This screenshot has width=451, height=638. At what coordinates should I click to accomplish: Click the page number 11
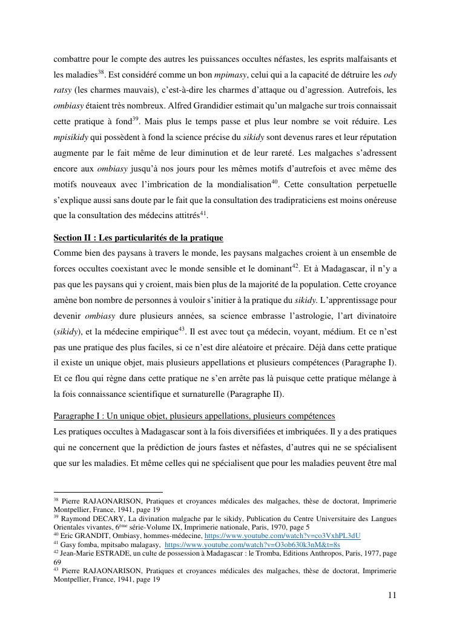[x=392, y=595]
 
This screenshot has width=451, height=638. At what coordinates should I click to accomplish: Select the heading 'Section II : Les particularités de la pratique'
[x=138, y=237]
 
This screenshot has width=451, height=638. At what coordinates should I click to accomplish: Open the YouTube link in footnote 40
[x=282, y=536]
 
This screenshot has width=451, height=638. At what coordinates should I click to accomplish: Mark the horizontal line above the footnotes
[x=108, y=493]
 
